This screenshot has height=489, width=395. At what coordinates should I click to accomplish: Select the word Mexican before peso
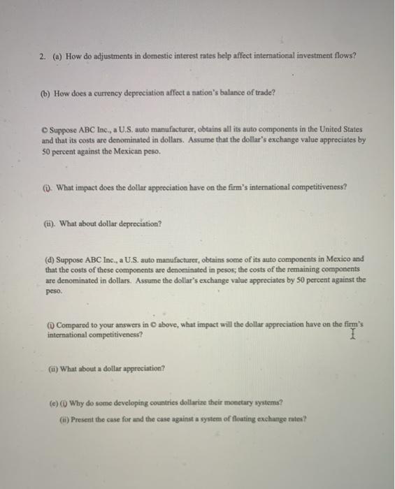pyautogui.click(x=120, y=150)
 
